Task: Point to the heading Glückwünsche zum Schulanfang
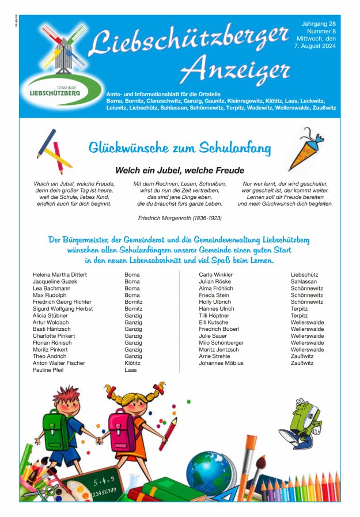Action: click(179, 148)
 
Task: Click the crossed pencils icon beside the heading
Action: click(54, 151)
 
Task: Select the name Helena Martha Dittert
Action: click(60, 275)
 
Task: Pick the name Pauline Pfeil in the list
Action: click(48, 370)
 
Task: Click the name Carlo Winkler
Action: click(216, 275)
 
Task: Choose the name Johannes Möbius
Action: click(221, 363)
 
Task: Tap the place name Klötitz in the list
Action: click(132, 363)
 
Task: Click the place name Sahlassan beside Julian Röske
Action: click(304, 282)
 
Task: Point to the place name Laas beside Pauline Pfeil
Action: click(130, 370)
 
